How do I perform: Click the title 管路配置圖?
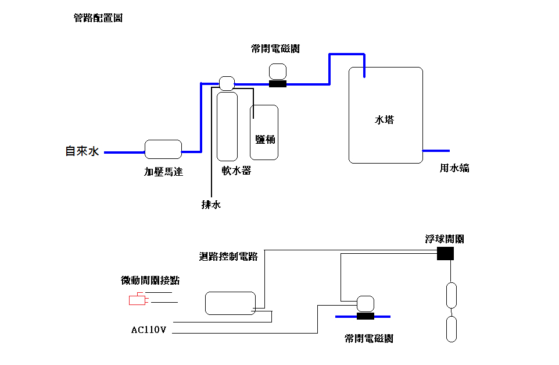(x=98, y=18)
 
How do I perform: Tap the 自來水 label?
(x=82, y=151)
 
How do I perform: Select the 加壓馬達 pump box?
(x=163, y=149)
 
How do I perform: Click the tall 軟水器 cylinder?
(x=227, y=126)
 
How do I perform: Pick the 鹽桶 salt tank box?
(x=264, y=132)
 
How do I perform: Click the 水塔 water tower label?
(x=385, y=120)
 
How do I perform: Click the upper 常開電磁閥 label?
(x=275, y=49)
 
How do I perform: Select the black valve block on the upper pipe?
(x=278, y=84)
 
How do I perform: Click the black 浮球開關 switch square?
(x=445, y=253)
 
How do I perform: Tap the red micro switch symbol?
(x=137, y=300)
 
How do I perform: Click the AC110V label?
(x=149, y=330)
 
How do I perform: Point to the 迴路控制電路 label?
(x=228, y=257)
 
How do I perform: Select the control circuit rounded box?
(x=230, y=303)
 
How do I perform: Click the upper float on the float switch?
(x=451, y=295)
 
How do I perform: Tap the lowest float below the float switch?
(x=451, y=329)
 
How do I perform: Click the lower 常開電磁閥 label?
(x=368, y=338)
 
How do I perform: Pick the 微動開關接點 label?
(x=150, y=280)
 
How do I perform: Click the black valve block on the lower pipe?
(x=365, y=316)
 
